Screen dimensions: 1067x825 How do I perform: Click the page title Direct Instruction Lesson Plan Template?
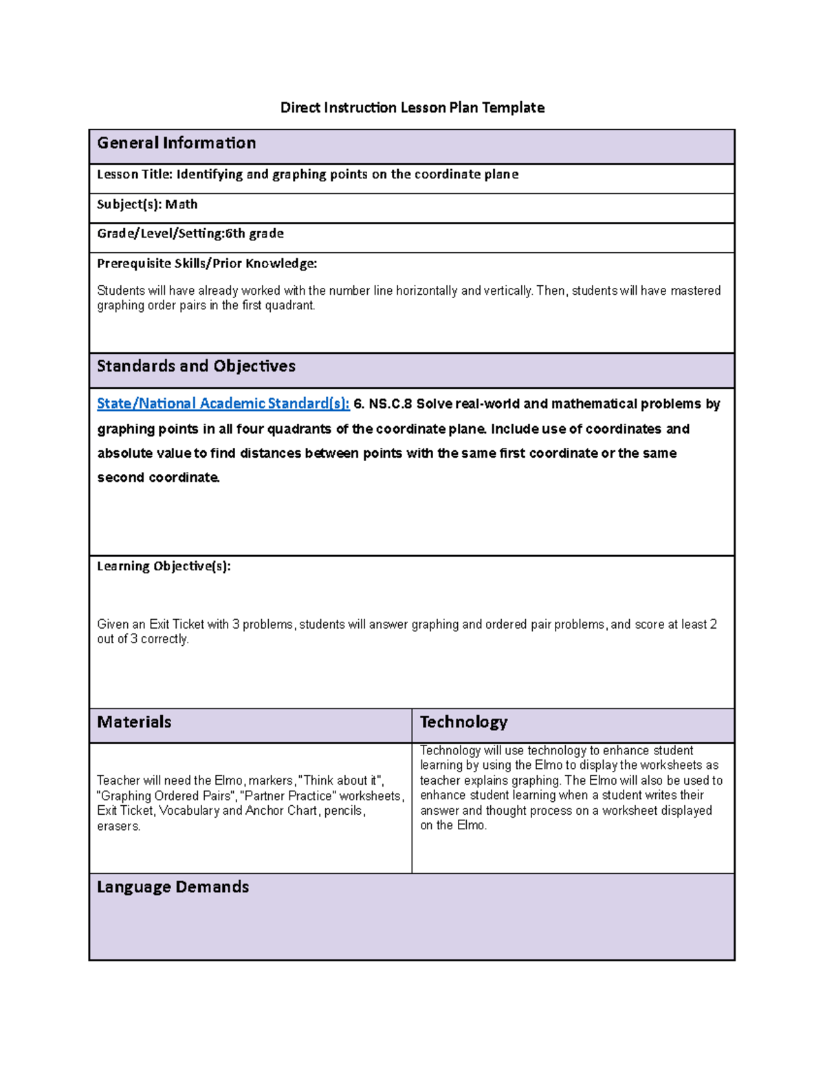[412, 108]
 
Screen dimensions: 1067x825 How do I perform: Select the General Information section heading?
[176, 143]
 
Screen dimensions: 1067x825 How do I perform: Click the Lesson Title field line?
[307, 175]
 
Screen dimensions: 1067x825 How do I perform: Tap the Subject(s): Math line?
[147, 204]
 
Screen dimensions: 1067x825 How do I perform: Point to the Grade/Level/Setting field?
[190, 234]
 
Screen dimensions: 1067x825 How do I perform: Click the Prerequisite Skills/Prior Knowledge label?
[207, 263]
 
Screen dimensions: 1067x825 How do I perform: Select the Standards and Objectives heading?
[196, 366]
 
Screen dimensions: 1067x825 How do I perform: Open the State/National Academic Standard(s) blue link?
[223, 404]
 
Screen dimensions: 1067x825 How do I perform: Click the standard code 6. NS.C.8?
[382, 404]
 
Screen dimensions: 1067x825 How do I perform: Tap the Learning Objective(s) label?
[164, 566]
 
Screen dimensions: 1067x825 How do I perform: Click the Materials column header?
[134, 722]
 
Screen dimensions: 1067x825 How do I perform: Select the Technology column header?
[463, 722]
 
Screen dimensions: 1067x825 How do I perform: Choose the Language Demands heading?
[173, 887]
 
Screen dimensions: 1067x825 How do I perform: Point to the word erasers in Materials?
[118, 827]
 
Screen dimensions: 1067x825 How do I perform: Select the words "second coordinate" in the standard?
[158, 478]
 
